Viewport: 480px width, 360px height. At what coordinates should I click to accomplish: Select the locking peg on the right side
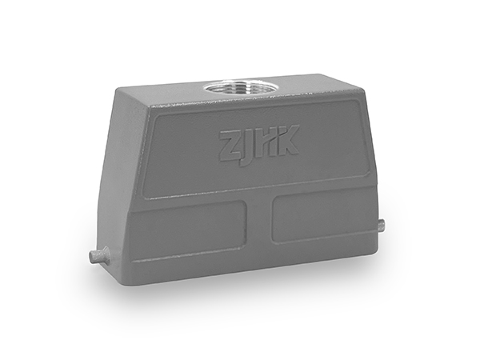pyautogui.click(x=381, y=226)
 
